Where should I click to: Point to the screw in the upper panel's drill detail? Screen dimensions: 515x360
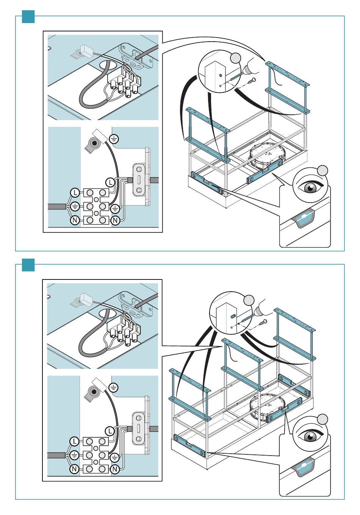pyautogui.click(x=252, y=80)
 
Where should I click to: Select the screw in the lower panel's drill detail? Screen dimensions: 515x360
pyautogui.click(x=263, y=323)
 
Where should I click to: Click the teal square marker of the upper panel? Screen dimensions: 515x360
pyautogui.click(x=28, y=17)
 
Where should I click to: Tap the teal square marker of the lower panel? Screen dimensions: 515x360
pyautogui.click(x=28, y=265)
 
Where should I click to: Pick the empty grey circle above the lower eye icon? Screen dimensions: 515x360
pyautogui.click(x=322, y=419)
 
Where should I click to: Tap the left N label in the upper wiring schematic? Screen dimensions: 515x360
pyautogui.click(x=75, y=220)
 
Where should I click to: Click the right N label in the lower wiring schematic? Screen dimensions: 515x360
pyautogui.click(x=115, y=469)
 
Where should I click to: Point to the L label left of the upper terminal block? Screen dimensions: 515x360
pyautogui.click(x=75, y=193)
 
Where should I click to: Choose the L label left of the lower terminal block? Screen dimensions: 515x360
pyautogui.click(x=75, y=442)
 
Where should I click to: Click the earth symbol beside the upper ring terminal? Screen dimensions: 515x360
pyautogui.click(x=114, y=139)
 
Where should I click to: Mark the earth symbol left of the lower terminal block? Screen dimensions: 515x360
pyautogui.click(x=75, y=455)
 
